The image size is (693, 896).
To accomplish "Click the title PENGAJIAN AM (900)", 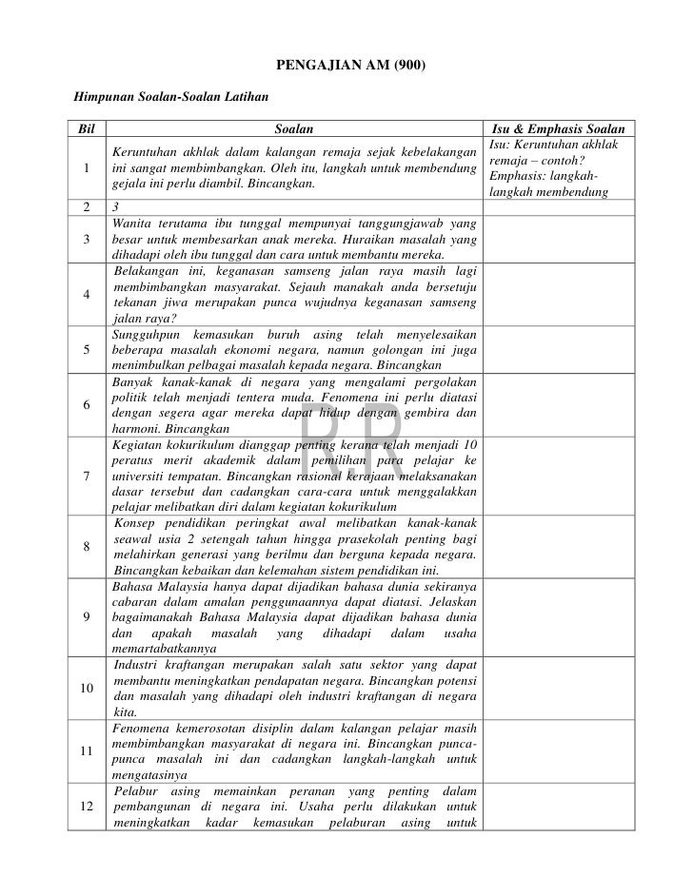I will pyautogui.click(x=346, y=66).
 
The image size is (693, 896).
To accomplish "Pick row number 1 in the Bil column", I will pyautogui.click(x=87, y=168).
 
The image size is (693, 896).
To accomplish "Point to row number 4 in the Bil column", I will pyautogui.click(x=87, y=293).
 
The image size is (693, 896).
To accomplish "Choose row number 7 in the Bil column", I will pyautogui.click(x=87, y=476).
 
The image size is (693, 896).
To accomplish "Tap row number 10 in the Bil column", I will pyautogui.click(x=87, y=688).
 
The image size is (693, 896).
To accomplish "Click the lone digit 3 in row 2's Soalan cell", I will pyautogui.click(x=115, y=205).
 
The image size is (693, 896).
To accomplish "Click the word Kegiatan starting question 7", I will pyautogui.click(x=139, y=444).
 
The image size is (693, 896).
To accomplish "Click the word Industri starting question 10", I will pyautogui.click(x=139, y=664).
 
